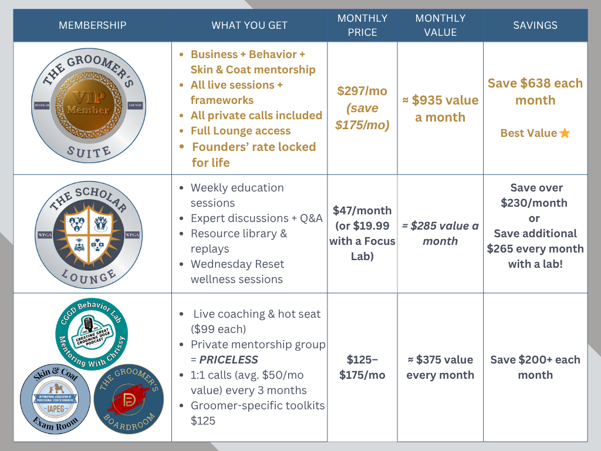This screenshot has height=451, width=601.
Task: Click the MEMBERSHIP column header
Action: point(92,25)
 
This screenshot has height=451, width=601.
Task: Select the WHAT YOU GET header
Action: point(249,25)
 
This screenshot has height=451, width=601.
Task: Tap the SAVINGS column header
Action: point(535,25)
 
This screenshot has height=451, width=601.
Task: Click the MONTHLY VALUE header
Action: point(440,25)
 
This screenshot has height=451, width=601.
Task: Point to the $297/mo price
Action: point(362,91)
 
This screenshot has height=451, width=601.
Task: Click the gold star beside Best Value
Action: point(565,133)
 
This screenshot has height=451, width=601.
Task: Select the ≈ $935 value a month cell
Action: point(440,109)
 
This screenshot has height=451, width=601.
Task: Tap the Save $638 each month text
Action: point(535,92)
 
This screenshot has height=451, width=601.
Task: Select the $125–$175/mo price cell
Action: point(362,367)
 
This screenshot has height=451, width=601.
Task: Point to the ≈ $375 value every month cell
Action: point(440,367)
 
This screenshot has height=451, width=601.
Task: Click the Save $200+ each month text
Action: point(535,367)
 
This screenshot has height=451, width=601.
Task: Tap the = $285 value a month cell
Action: point(440,233)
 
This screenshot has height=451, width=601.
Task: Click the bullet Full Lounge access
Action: point(241,131)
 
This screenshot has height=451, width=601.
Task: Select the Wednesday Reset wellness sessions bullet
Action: point(237,271)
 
